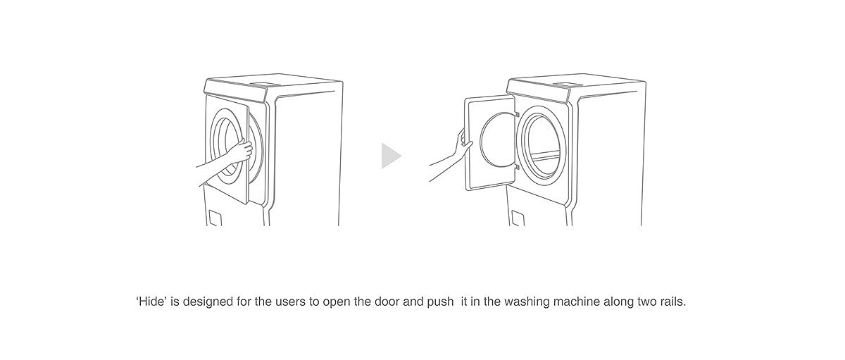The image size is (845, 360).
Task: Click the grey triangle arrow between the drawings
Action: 389,156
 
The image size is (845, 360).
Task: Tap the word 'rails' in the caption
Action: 670,302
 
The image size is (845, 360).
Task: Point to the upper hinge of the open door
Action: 517,114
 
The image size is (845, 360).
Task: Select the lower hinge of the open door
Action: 517,168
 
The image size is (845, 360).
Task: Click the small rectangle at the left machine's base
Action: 215,218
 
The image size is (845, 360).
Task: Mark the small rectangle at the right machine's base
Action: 518,218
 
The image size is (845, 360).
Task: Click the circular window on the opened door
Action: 497,142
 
